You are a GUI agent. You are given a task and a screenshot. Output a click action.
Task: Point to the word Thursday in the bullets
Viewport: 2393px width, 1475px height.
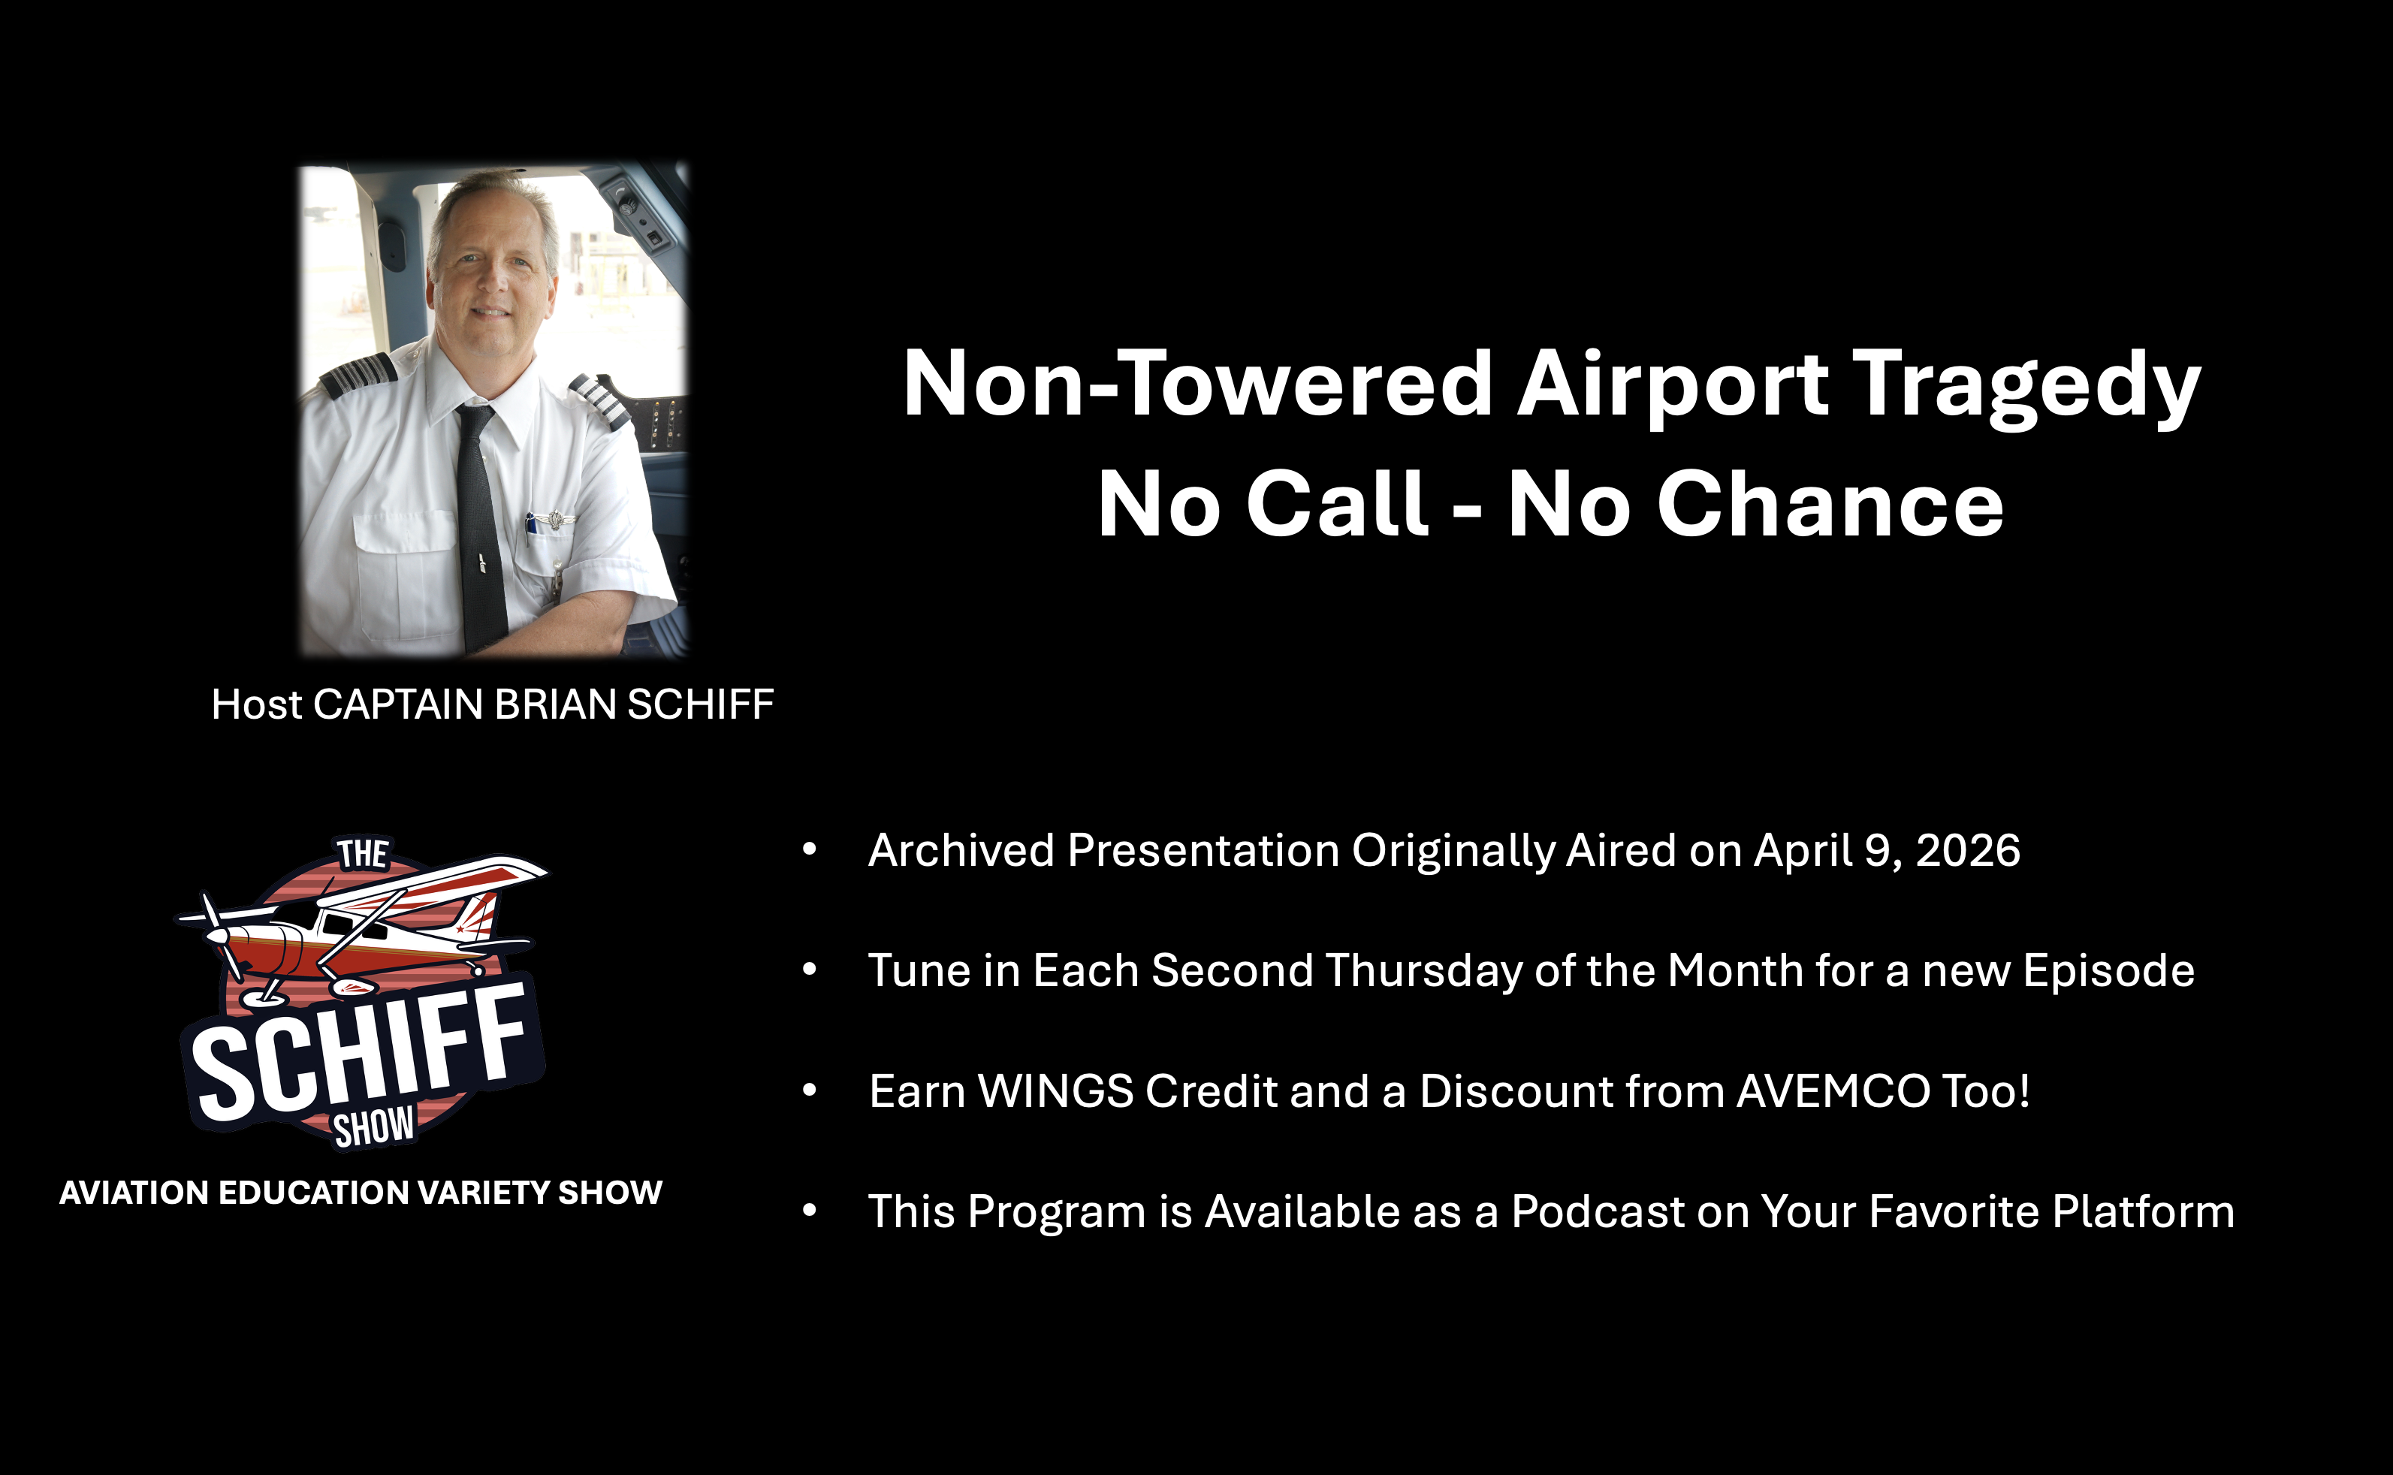point(1423,970)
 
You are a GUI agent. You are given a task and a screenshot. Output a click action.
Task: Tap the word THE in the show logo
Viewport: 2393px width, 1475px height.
point(363,854)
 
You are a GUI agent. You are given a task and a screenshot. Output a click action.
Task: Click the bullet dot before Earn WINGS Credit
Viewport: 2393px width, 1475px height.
point(810,1090)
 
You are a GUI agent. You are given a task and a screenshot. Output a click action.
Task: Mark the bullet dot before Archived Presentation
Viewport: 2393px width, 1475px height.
point(810,849)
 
